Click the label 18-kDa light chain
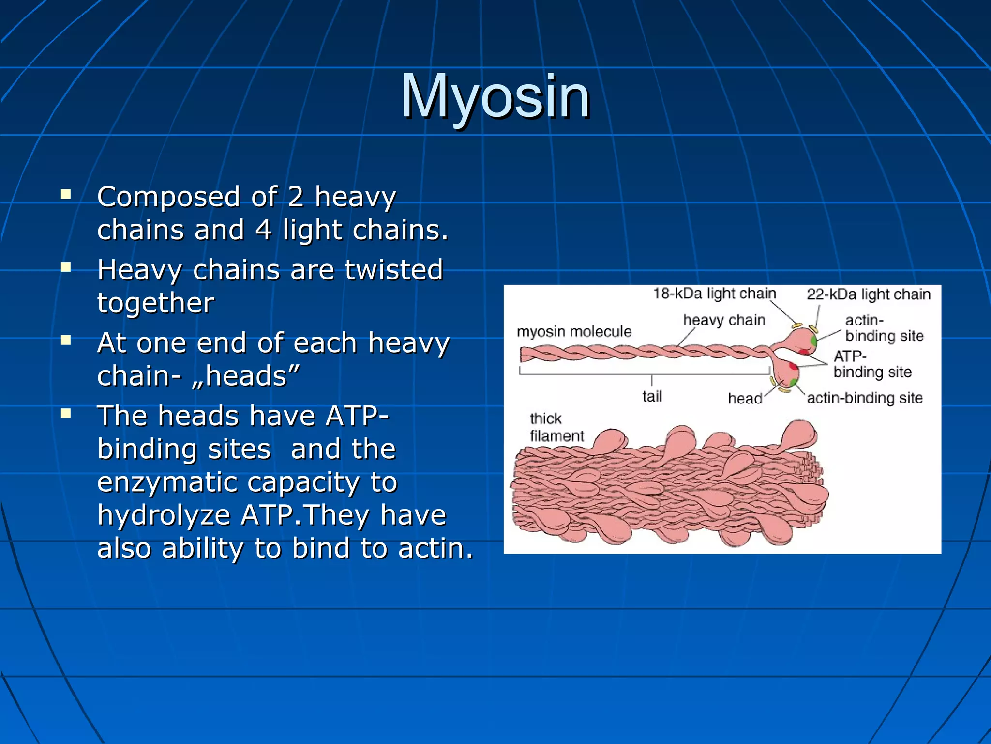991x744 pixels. (x=714, y=294)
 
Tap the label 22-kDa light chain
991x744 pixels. (x=868, y=294)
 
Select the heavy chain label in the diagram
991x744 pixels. (x=724, y=320)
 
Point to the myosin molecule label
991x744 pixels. (x=574, y=332)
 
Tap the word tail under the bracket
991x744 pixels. (x=652, y=397)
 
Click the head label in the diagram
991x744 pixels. (x=744, y=399)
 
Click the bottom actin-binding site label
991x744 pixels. (x=864, y=398)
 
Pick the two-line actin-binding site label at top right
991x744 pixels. (x=884, y=328)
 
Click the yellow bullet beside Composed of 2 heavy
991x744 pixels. (x=66, y=195)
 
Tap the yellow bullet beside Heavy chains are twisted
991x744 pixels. (x=66, y=267)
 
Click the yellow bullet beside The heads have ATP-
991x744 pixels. (x=66, y=414)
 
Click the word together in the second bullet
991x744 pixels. (x=155, y=303)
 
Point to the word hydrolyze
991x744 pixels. (x=164, y=515)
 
